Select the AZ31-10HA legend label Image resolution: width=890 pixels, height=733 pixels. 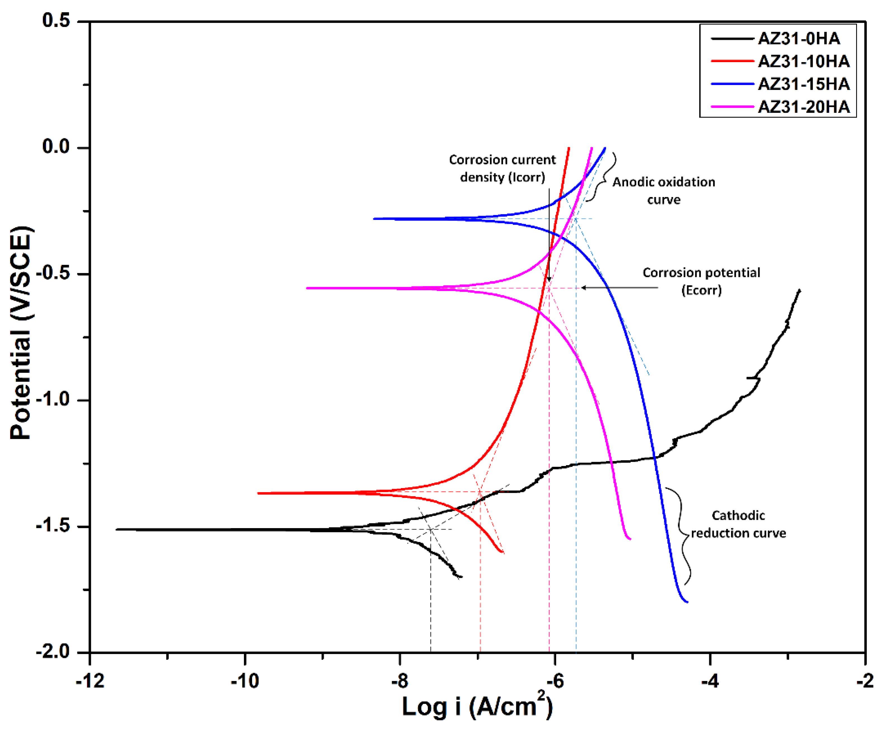click(803, 62)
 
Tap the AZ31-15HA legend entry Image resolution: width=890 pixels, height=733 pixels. click(803, 84)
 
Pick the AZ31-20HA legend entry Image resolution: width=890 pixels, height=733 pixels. click(803, 107)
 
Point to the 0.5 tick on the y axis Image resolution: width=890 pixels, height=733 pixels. click(56, 20)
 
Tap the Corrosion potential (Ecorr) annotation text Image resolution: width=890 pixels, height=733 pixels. click(701, 281)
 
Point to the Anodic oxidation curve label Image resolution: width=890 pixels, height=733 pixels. click(663, 191)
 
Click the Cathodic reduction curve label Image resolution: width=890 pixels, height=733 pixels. click(738, 524)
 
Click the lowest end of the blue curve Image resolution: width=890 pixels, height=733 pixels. click(687, 602)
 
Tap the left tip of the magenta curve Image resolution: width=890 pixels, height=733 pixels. click(307, 288)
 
